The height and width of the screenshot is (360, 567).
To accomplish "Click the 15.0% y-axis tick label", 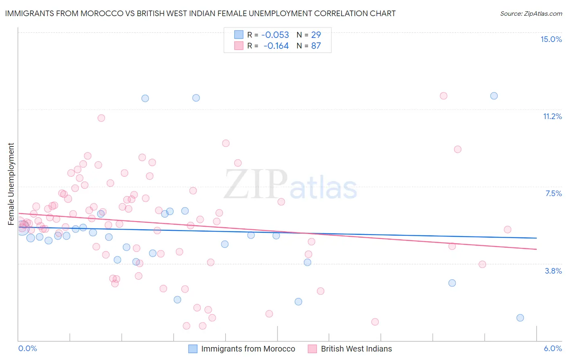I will click(x=551, y=39).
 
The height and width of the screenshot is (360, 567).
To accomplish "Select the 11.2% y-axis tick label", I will click(x=552, y=116).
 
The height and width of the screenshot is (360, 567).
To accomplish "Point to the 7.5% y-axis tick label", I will click(x=553, y=193).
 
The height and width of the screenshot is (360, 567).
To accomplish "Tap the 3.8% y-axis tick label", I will click(x=553, y=271).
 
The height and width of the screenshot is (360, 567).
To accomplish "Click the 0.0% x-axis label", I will click(x=27, y=348).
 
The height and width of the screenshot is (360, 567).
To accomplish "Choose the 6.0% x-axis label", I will click(x=552, y=348).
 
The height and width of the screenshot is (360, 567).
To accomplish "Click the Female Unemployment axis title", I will click(x=11, y=184).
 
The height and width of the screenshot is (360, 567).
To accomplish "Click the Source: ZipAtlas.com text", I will click(x=531, y=13).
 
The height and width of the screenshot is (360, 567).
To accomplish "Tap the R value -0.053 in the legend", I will click(x=275, y=35).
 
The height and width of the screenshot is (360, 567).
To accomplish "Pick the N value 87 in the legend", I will click(x=316, y=46).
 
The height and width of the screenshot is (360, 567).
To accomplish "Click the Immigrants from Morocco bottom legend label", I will click(x=248, y=349).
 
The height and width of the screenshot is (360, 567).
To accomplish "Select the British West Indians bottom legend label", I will click(x=356, y=349).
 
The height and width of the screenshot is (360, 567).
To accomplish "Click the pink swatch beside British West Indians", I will click(x=312, y=349).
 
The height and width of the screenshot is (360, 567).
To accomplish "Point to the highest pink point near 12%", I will click(x=443, y=96).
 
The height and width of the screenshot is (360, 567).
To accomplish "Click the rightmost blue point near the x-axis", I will click(x=520, y=318).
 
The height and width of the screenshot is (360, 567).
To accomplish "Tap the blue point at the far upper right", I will click(x=494, y=96).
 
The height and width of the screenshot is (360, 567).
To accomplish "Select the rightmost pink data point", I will click(x=507, y=230).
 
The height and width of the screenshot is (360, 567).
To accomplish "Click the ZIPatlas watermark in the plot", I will click(x=290, y=185).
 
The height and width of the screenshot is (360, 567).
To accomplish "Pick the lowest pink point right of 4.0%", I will click(x=375, y=322).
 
